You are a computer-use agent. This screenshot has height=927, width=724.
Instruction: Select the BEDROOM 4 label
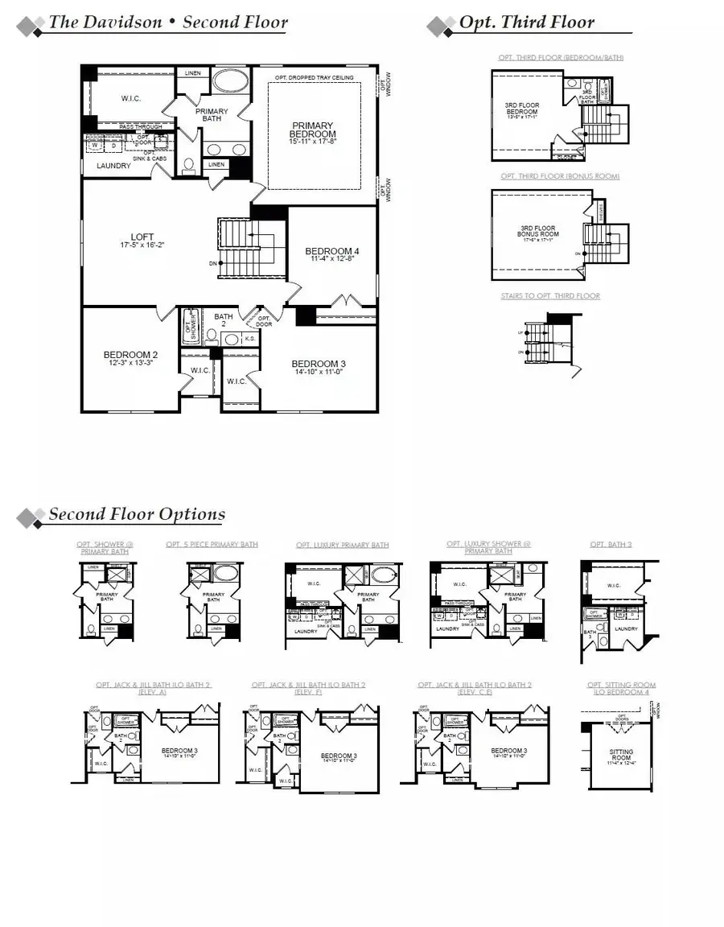tap(331, 252)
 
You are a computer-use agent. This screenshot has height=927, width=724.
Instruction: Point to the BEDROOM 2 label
tap(130, 354)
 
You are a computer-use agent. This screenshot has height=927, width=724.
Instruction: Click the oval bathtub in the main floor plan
tap(231, 83)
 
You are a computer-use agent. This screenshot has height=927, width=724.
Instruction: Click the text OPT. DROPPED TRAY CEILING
tap(314, 77)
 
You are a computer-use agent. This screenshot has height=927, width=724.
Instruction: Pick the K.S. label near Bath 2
tap(250, 339)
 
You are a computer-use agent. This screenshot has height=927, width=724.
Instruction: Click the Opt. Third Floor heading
tap(526, 23)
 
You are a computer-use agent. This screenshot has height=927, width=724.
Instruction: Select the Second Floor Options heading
tap(137, 514)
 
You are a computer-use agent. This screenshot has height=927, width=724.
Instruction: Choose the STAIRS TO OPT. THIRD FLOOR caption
tap(550, 296)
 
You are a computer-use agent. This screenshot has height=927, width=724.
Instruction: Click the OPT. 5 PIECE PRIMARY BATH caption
tap(212, 545)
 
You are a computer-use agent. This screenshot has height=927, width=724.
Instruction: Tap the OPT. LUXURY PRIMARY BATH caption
tap(342, 545)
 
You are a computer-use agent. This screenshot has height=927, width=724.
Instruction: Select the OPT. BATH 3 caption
tap(611, 545)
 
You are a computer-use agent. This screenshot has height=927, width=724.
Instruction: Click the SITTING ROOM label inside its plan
tap(621, 755)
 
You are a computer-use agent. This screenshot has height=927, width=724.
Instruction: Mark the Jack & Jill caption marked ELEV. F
tap(308, 688)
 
